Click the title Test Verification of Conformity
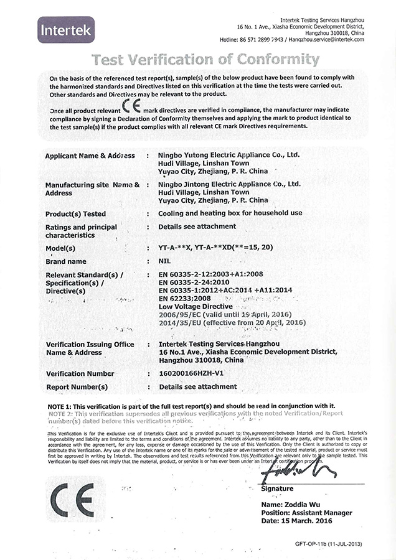205,60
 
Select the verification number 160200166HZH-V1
191,373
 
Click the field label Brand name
66,261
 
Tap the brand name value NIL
165,261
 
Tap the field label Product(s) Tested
75,213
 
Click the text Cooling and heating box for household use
230,213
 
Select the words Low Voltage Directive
196,306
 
